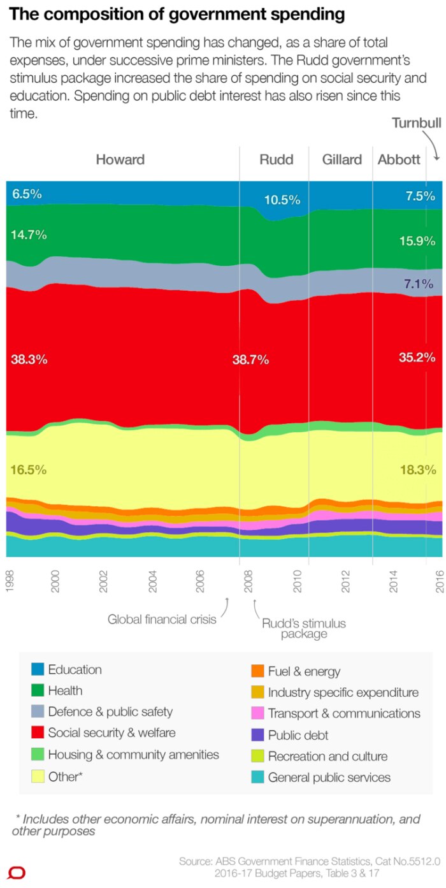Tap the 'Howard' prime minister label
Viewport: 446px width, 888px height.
click(120, 159)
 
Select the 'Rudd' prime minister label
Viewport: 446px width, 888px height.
click(277, 159)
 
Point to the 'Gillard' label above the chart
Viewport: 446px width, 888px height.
click(342, 159)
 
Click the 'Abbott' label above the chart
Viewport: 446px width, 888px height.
click(399, 159)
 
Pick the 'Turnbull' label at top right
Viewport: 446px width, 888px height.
click(416, 123)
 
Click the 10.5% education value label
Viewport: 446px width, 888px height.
click(282, 200)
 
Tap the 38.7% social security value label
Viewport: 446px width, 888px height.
click(250, 360)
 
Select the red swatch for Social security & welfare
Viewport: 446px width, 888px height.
click(38, 733)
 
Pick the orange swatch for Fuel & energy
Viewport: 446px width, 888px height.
click(257, 671)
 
